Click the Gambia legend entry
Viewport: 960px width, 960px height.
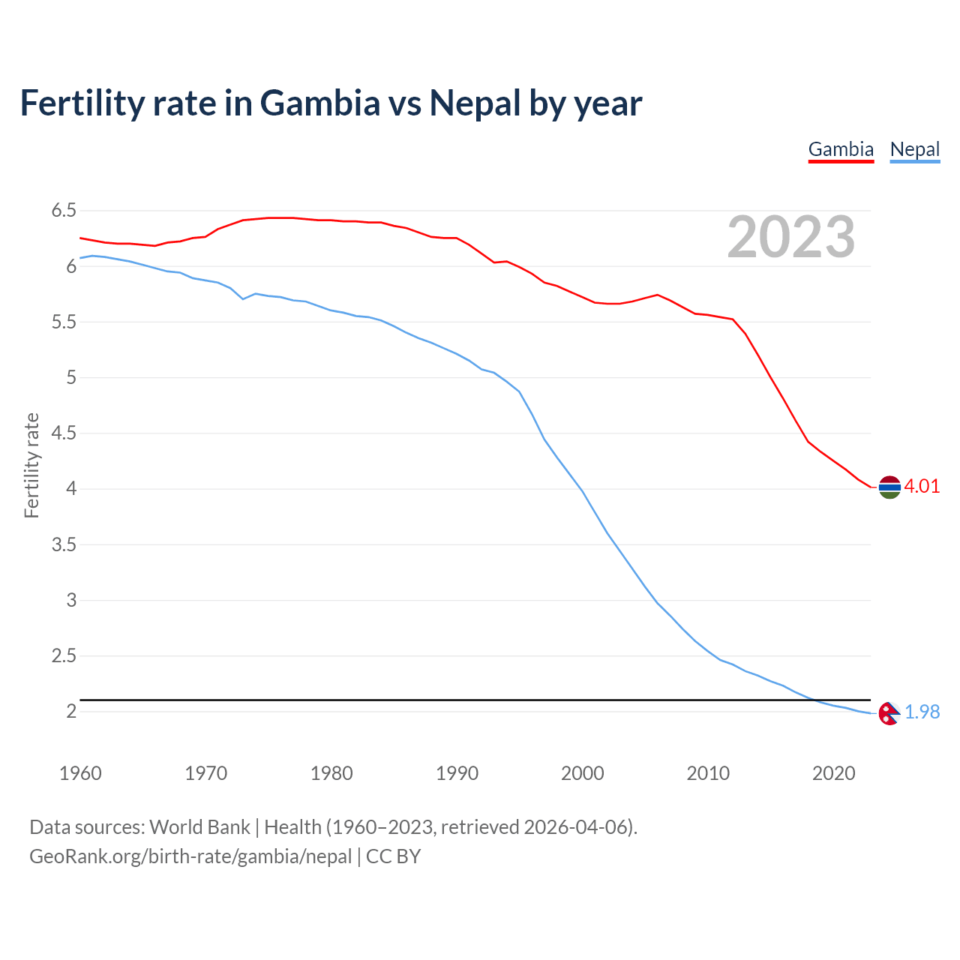[x=841, y=149]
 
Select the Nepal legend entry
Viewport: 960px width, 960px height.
[x=914, y=149]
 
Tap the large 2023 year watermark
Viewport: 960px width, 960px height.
[x=791, y=237]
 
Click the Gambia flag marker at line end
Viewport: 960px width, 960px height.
[x=889, y=487]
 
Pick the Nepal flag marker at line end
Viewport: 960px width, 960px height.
[x=889, y=713]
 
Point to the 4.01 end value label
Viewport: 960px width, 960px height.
[x=922, y=487]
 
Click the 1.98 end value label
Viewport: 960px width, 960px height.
[x=922, y=712]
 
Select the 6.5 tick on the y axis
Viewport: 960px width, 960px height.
[x=64, y=211]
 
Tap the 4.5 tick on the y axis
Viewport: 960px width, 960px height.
[x=64, y=433]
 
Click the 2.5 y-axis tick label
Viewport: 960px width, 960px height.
[x=64, y=656]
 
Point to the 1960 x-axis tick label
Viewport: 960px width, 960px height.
[x=80, y=773]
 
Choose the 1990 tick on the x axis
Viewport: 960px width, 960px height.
[x=457, y=773]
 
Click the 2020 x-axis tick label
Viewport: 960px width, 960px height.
[x=833, y=773]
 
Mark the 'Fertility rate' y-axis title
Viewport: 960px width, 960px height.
[x=31, y=465]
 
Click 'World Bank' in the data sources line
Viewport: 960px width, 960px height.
[x=199, y=827]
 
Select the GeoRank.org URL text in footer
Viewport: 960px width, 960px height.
[x=190, y=856]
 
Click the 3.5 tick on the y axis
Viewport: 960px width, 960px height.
[x=64, y=545]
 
